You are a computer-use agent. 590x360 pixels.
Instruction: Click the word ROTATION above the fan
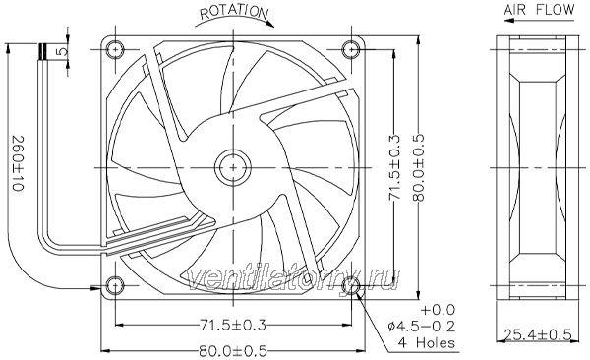[x=234, y=12]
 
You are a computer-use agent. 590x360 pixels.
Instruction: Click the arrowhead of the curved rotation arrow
[x=269, y=24]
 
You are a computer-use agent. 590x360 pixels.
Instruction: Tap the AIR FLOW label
[x=539, y=10]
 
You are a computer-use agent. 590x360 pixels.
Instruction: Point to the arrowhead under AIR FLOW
[x=509, y=20]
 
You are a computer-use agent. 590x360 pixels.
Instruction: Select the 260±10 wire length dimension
[x=18, y=163]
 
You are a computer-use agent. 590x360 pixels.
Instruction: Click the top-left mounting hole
[x=114, y=49]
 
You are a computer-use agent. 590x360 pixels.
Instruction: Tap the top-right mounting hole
[x=351, y=49]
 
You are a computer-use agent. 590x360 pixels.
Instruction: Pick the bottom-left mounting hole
[x=114, y=286]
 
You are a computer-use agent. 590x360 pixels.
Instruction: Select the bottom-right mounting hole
[x=351, y=286]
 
